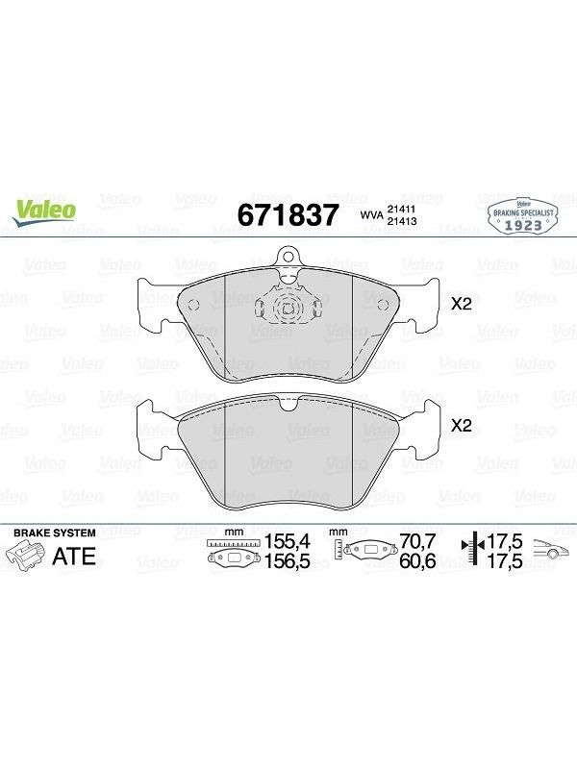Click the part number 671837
click(288, 214)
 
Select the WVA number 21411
click(402, 210)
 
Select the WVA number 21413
click(402, 221)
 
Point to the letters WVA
click(372, 215)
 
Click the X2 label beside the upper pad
click(462, 304)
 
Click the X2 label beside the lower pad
click(462, 425)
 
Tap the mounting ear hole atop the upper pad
click(288, 255)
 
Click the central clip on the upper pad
click(288, 308)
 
